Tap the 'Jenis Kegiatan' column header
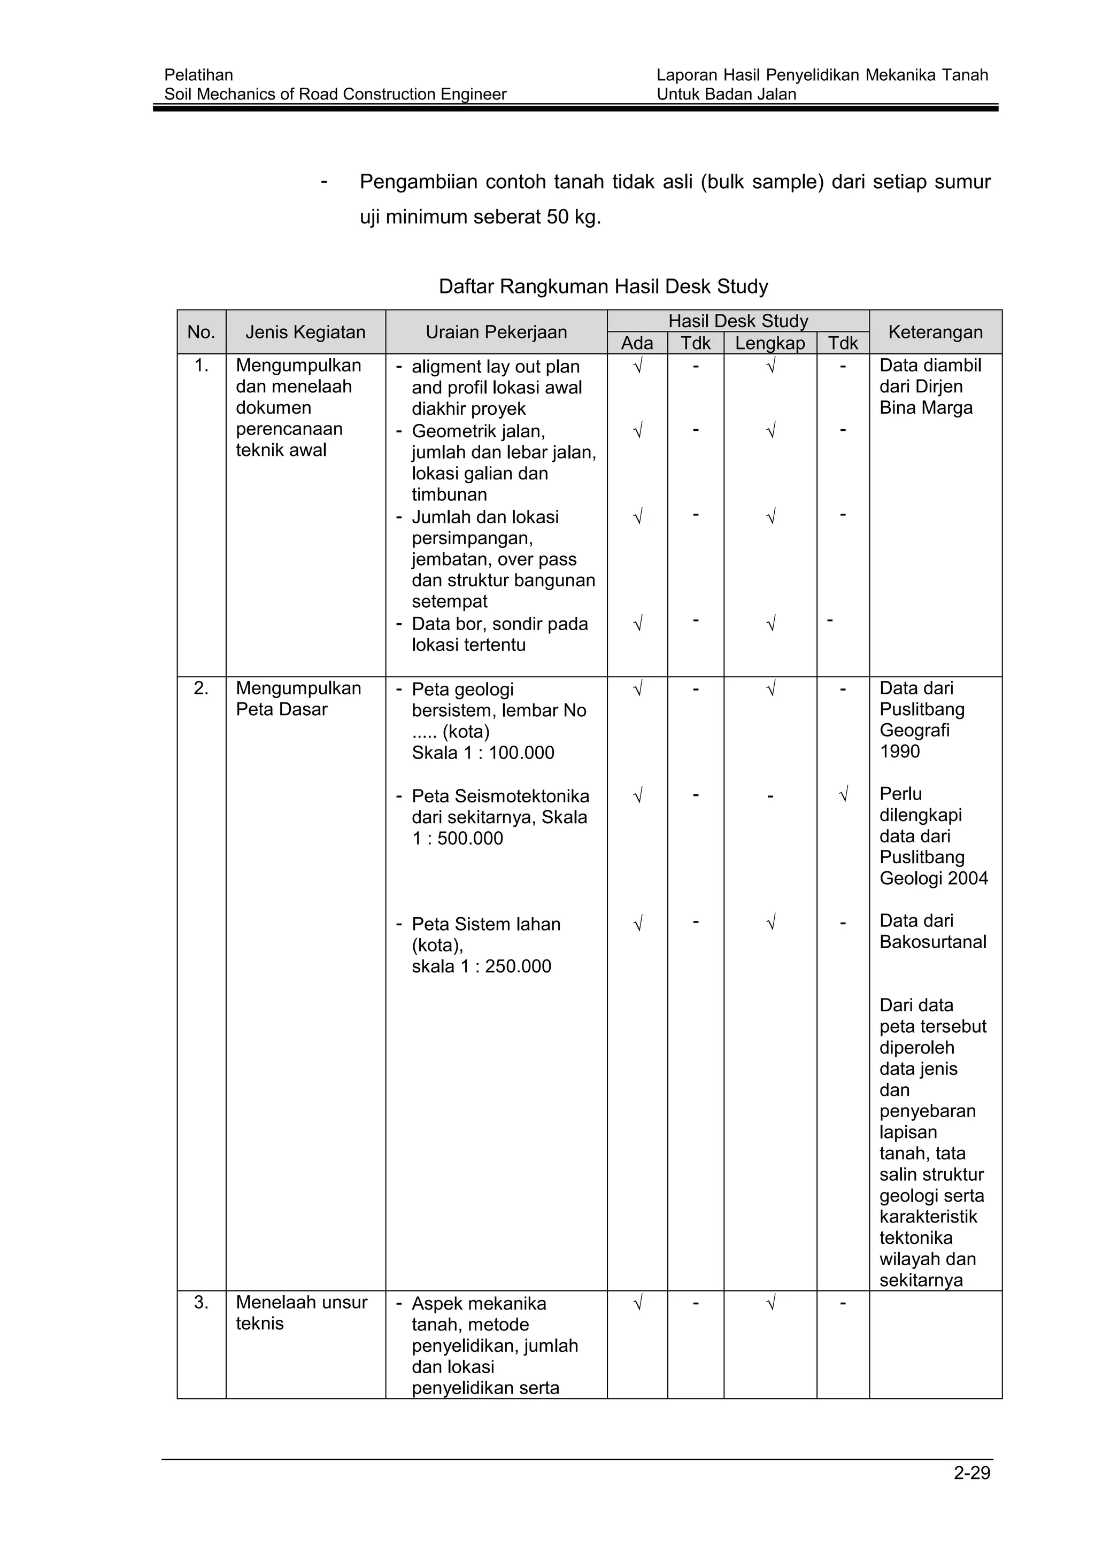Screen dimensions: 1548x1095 pos(305,332)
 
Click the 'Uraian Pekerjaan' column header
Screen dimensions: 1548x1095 pos(496,332)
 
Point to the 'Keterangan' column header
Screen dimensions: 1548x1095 pos(935,332)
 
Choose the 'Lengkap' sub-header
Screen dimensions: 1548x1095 pos(770,343)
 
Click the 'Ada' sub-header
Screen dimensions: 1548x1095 pos(637,343)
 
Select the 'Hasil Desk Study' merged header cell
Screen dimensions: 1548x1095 pos(738,321)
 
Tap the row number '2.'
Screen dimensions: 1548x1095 pos(201,688)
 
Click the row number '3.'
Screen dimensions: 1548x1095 pos(201,1303)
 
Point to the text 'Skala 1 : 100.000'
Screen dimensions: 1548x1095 pos(483,753)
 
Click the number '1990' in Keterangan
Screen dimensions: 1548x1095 pos(899,751)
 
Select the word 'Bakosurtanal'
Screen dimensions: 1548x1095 pos(932,942)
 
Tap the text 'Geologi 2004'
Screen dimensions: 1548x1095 pos(934,879)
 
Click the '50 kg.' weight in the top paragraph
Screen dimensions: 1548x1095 pos(573,217)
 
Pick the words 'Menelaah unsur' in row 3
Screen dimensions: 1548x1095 pos(302,1303)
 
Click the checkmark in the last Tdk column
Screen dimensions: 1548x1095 pos(843,795)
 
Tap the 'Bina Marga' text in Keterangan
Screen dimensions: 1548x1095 pos(926,408)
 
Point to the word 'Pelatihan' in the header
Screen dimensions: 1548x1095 pos(198,75)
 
